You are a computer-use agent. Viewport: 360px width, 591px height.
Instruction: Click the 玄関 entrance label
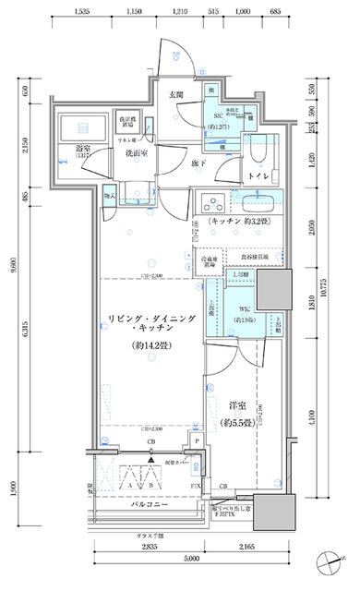pyautogui.click(x=175, y=94)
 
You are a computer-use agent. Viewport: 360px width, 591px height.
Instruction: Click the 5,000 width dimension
pyautogui.click(x=191, y=560)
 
